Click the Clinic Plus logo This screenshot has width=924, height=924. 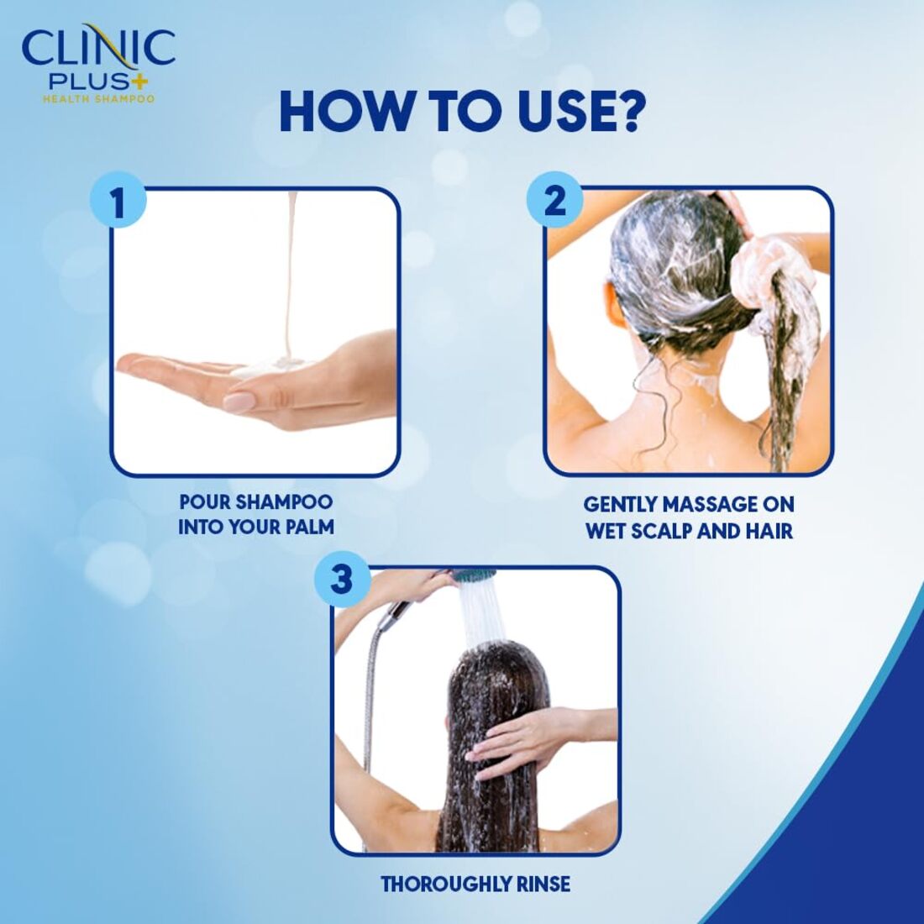pyautogui.click(x=98, y=59)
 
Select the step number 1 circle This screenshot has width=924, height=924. pyautogui.click(x=118, y=205)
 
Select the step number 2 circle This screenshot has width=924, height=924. pyautogui.click(x=554, y=202)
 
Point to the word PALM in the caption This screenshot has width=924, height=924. pyautogui.click(x=307, y=528)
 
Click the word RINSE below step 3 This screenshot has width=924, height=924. pyautogui.click(x=539, y=885)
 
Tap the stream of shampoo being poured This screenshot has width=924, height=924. pyautogui.click(x=290, y=277)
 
